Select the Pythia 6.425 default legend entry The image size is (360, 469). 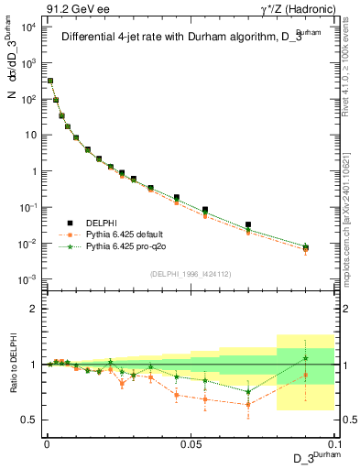pos(122,234)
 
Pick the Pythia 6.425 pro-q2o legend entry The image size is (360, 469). pos(122,246)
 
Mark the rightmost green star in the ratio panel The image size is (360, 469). pos(306,357)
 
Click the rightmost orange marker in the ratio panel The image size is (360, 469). pos(306,376)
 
